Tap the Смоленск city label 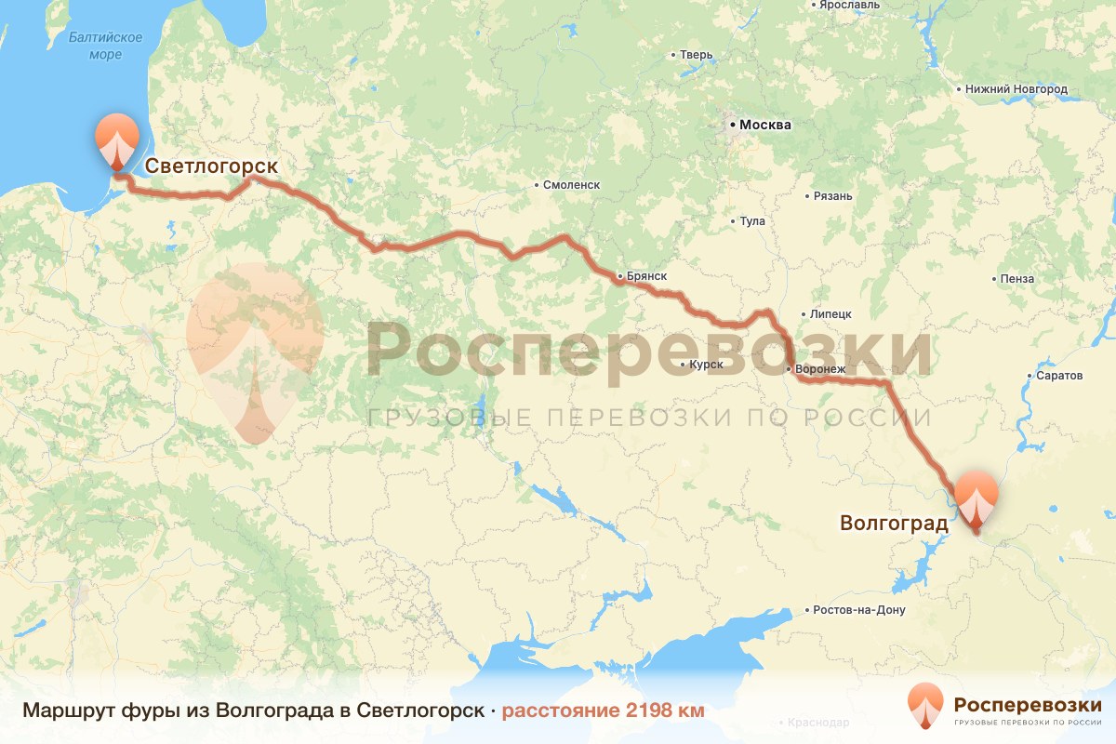point(572,184)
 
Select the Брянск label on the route point(646,276)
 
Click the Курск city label point(706,364)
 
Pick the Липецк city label point(830,313)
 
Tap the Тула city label point(751,221)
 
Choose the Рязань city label point(831,195)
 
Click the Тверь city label point(696,55)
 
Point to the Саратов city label point(1060,376)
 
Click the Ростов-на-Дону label point(857,610)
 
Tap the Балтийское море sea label point(105,46)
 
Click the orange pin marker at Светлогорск point(117,140)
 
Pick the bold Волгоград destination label point(893,523)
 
